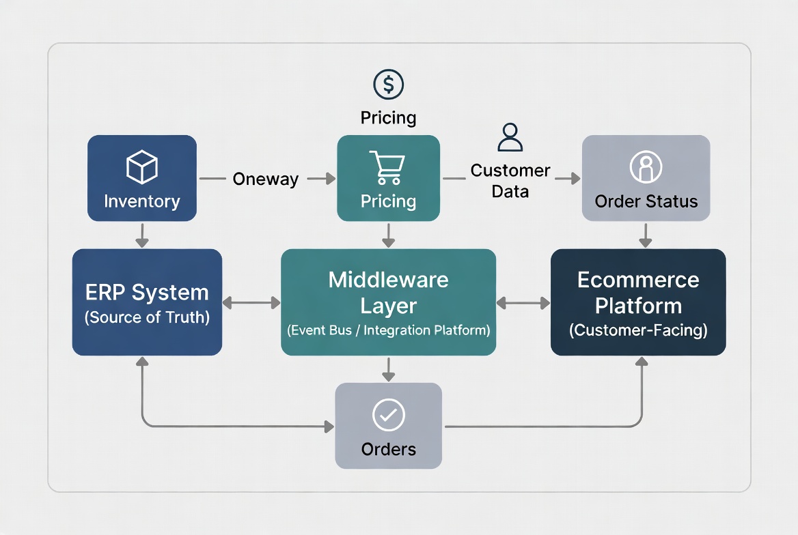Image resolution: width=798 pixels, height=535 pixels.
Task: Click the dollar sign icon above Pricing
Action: [x=388, y=85]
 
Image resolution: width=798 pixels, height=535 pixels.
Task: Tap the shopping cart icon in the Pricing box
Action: [x=387, y=168]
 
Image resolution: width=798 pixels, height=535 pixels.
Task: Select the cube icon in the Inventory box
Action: [x=142, y=167]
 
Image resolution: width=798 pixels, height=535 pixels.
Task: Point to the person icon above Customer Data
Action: [x=510, y=137]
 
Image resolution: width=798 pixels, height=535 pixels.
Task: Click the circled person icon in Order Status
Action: [x=646, y=167]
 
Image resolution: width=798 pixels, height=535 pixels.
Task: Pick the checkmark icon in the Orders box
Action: [x=388, y=414]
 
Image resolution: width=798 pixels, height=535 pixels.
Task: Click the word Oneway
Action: [x=265, y=179]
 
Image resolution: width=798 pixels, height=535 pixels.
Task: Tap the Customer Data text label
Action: [x=510, y=181]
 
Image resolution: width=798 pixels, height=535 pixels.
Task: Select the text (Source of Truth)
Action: [x=147, y=317]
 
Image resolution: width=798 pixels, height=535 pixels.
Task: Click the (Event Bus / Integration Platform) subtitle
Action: [x=388, y=331]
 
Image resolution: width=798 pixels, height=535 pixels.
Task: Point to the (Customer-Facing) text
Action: [x=638, y=331]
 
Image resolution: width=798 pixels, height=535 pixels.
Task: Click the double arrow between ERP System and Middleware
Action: [x=251, y=302]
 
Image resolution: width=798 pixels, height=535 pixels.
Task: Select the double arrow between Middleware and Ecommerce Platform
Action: [x=523, y=302]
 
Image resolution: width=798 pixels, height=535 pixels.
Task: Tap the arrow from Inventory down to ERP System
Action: [x=142, y=235]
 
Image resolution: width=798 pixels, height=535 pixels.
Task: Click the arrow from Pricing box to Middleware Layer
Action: [x=388, y=235]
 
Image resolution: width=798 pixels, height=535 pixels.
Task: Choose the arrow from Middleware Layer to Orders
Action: [x=388, y=368]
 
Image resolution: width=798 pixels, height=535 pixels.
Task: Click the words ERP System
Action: [x=147, y=293]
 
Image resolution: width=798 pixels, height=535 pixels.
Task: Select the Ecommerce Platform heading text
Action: [x=638, y=293]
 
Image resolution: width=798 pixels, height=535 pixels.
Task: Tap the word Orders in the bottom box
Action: [x=388, y=449]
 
